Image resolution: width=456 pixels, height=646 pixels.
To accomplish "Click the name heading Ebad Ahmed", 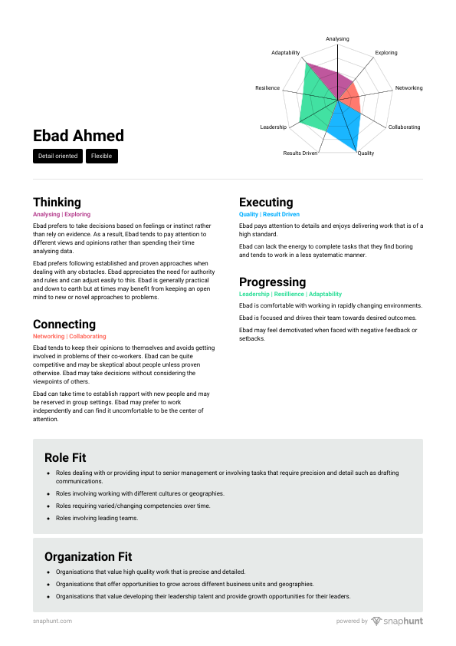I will tap(78, 136).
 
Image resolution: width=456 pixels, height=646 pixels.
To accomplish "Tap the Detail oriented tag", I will tap(57, 157).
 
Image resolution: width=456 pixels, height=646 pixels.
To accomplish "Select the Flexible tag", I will tap(101, 157).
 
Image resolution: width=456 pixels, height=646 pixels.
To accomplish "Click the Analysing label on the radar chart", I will tap(337, 38).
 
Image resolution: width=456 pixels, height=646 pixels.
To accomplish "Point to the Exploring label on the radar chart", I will tap(386, 53).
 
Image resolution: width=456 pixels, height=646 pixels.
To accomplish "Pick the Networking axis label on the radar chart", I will tap(408, 88).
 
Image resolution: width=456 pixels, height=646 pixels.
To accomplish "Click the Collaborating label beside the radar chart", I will tap(404, 127).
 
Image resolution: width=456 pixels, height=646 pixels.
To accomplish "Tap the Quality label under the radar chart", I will tap(366, 153).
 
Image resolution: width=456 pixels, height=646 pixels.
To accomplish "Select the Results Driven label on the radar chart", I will tap(300, 153).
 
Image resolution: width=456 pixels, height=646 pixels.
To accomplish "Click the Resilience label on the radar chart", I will tap(267, 88).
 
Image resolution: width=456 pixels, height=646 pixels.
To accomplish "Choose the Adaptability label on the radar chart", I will tap(286, 53).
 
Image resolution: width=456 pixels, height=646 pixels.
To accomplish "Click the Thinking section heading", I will tap(57, 203).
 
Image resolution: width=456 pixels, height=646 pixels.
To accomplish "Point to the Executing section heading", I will tap(266, 203).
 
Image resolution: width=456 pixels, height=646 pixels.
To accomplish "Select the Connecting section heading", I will tap(64, 324).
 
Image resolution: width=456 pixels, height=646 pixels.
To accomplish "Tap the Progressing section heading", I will tap(272, 282).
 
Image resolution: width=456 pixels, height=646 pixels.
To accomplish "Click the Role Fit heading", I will tap(65, 458).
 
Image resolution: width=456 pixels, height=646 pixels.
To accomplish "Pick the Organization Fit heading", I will tap(88, 556).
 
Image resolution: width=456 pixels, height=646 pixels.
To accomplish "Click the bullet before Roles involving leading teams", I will tap(48, 519).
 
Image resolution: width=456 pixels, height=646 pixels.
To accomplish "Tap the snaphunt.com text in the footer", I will tap(53, 621).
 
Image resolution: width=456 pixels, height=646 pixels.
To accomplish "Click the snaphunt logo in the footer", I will tap(397, 621).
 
